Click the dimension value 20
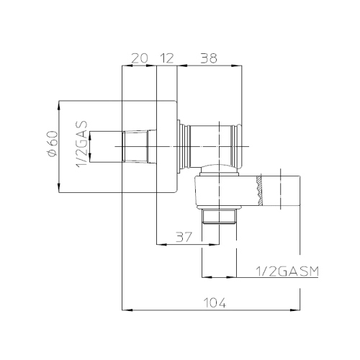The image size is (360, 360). [x=140, y=58]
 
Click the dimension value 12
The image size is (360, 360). [x=166, y=58]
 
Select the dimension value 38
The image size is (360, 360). [x=209, y=58]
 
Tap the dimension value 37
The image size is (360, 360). [x=184, y=237]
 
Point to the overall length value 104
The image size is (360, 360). [x=215, y=302]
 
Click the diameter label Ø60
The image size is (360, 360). [x=53, y=144]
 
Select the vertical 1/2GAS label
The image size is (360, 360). [x=81, y=145]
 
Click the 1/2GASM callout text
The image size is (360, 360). [x=287, y=271]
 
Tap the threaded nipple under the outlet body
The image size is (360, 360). [x=219, y=216]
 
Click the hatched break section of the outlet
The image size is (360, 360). [x=259, y=191]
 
